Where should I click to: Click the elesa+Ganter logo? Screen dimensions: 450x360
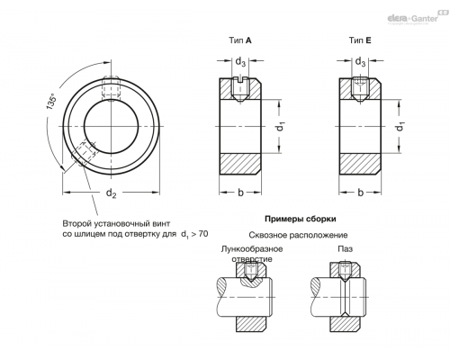click(x=417, y=18)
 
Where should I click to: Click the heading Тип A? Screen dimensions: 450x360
click(x=240, y=40)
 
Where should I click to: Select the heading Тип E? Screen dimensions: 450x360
click(x=360, y=40)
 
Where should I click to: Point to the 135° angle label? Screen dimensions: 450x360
click(x=51, y=102)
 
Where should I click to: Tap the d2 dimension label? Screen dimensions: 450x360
click(x=111, y=193)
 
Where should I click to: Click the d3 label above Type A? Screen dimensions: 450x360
click(x=240, y=62)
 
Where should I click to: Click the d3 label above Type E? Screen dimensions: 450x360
click(x=360, y=62)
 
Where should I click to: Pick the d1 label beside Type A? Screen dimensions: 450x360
click(x=281, y=126)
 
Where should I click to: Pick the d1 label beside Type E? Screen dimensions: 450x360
click(x=400, y=126)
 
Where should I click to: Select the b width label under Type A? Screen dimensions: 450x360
click(x=240, y=193)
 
